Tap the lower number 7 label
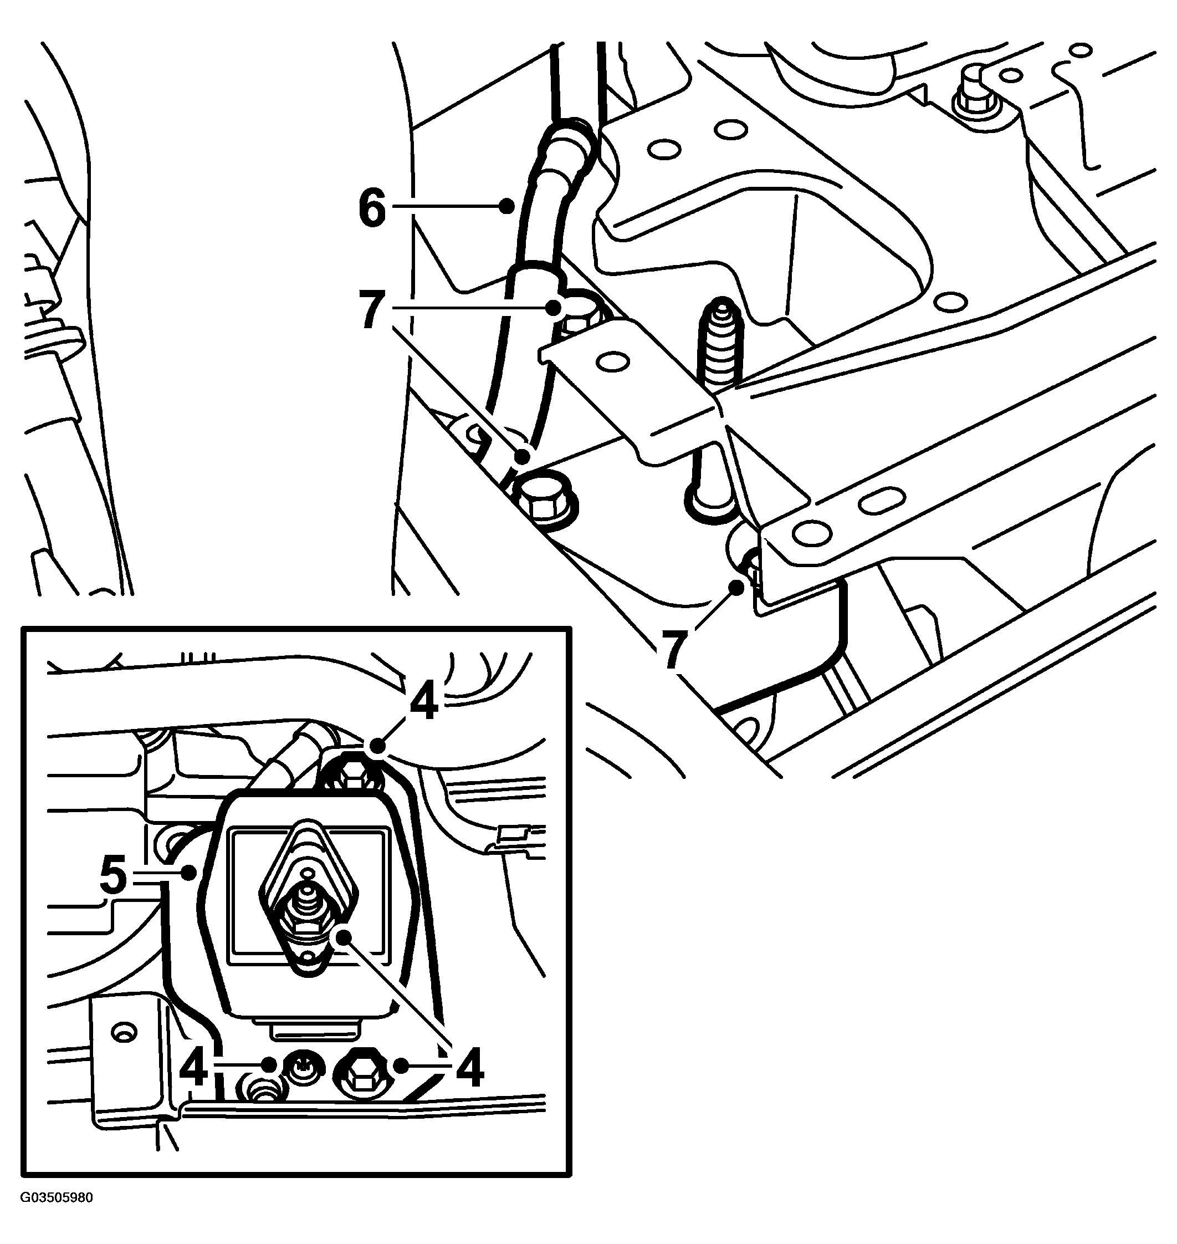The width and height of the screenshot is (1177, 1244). pos(672,651)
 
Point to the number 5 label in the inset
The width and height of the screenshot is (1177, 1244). pos(113,877)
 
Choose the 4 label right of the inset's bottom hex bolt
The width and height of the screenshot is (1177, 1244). pos(470,1068)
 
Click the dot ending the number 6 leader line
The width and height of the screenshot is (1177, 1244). pos(508,205)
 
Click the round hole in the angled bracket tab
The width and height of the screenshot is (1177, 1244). pos(613,361)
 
